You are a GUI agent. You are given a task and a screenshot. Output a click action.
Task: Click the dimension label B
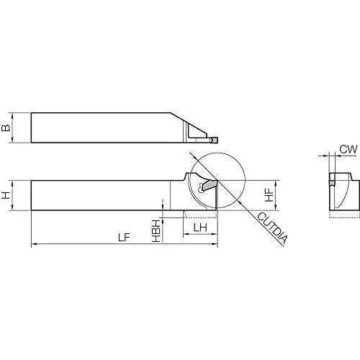click(6, 128)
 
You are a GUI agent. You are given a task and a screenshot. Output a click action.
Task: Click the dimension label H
click(6, 195)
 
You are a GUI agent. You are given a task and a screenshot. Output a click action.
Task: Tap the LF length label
click(124, 238)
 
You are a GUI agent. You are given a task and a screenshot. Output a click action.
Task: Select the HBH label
click(156, 230)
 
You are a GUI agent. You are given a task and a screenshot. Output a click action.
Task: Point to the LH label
click(200, 228)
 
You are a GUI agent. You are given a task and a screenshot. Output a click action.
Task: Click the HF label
click(269, 195)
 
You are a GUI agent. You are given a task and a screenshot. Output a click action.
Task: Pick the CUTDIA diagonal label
click(272, 228)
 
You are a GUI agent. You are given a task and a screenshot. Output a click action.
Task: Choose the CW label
click(348, 149)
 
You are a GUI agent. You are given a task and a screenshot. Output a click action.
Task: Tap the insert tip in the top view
click(215, 140)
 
